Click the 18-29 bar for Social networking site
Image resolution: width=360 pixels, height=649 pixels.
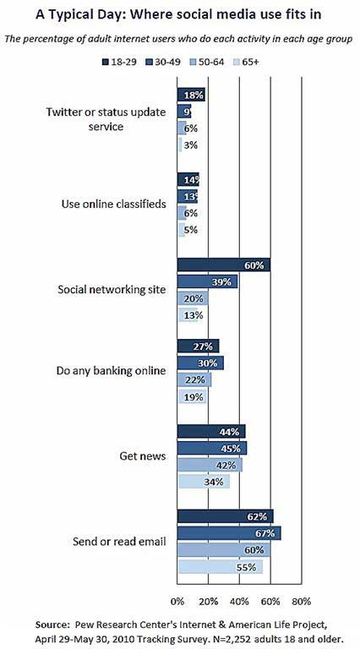click(223, 265)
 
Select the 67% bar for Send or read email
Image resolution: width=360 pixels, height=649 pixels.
click(229, 533)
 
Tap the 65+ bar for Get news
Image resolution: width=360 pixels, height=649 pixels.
click(203, 482)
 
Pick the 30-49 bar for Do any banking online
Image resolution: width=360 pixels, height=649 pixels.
click(200, 363)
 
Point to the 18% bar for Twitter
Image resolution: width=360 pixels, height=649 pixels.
click(191, 95)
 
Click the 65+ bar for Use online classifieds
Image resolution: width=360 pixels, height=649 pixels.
click(181, 230)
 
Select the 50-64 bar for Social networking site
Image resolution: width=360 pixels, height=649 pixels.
click(193, 299)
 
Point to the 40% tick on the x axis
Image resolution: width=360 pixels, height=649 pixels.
click(240, 602)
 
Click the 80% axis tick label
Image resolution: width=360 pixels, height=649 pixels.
click(302, 602)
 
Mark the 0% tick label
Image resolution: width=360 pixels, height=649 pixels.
click(177, 602)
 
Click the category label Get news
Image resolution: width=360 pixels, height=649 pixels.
click(143, 456)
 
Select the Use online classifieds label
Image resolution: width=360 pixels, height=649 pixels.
click(114, 204)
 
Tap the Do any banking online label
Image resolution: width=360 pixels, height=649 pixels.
click(111, 371)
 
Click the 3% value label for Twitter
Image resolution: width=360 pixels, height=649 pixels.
click(191, 145)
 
